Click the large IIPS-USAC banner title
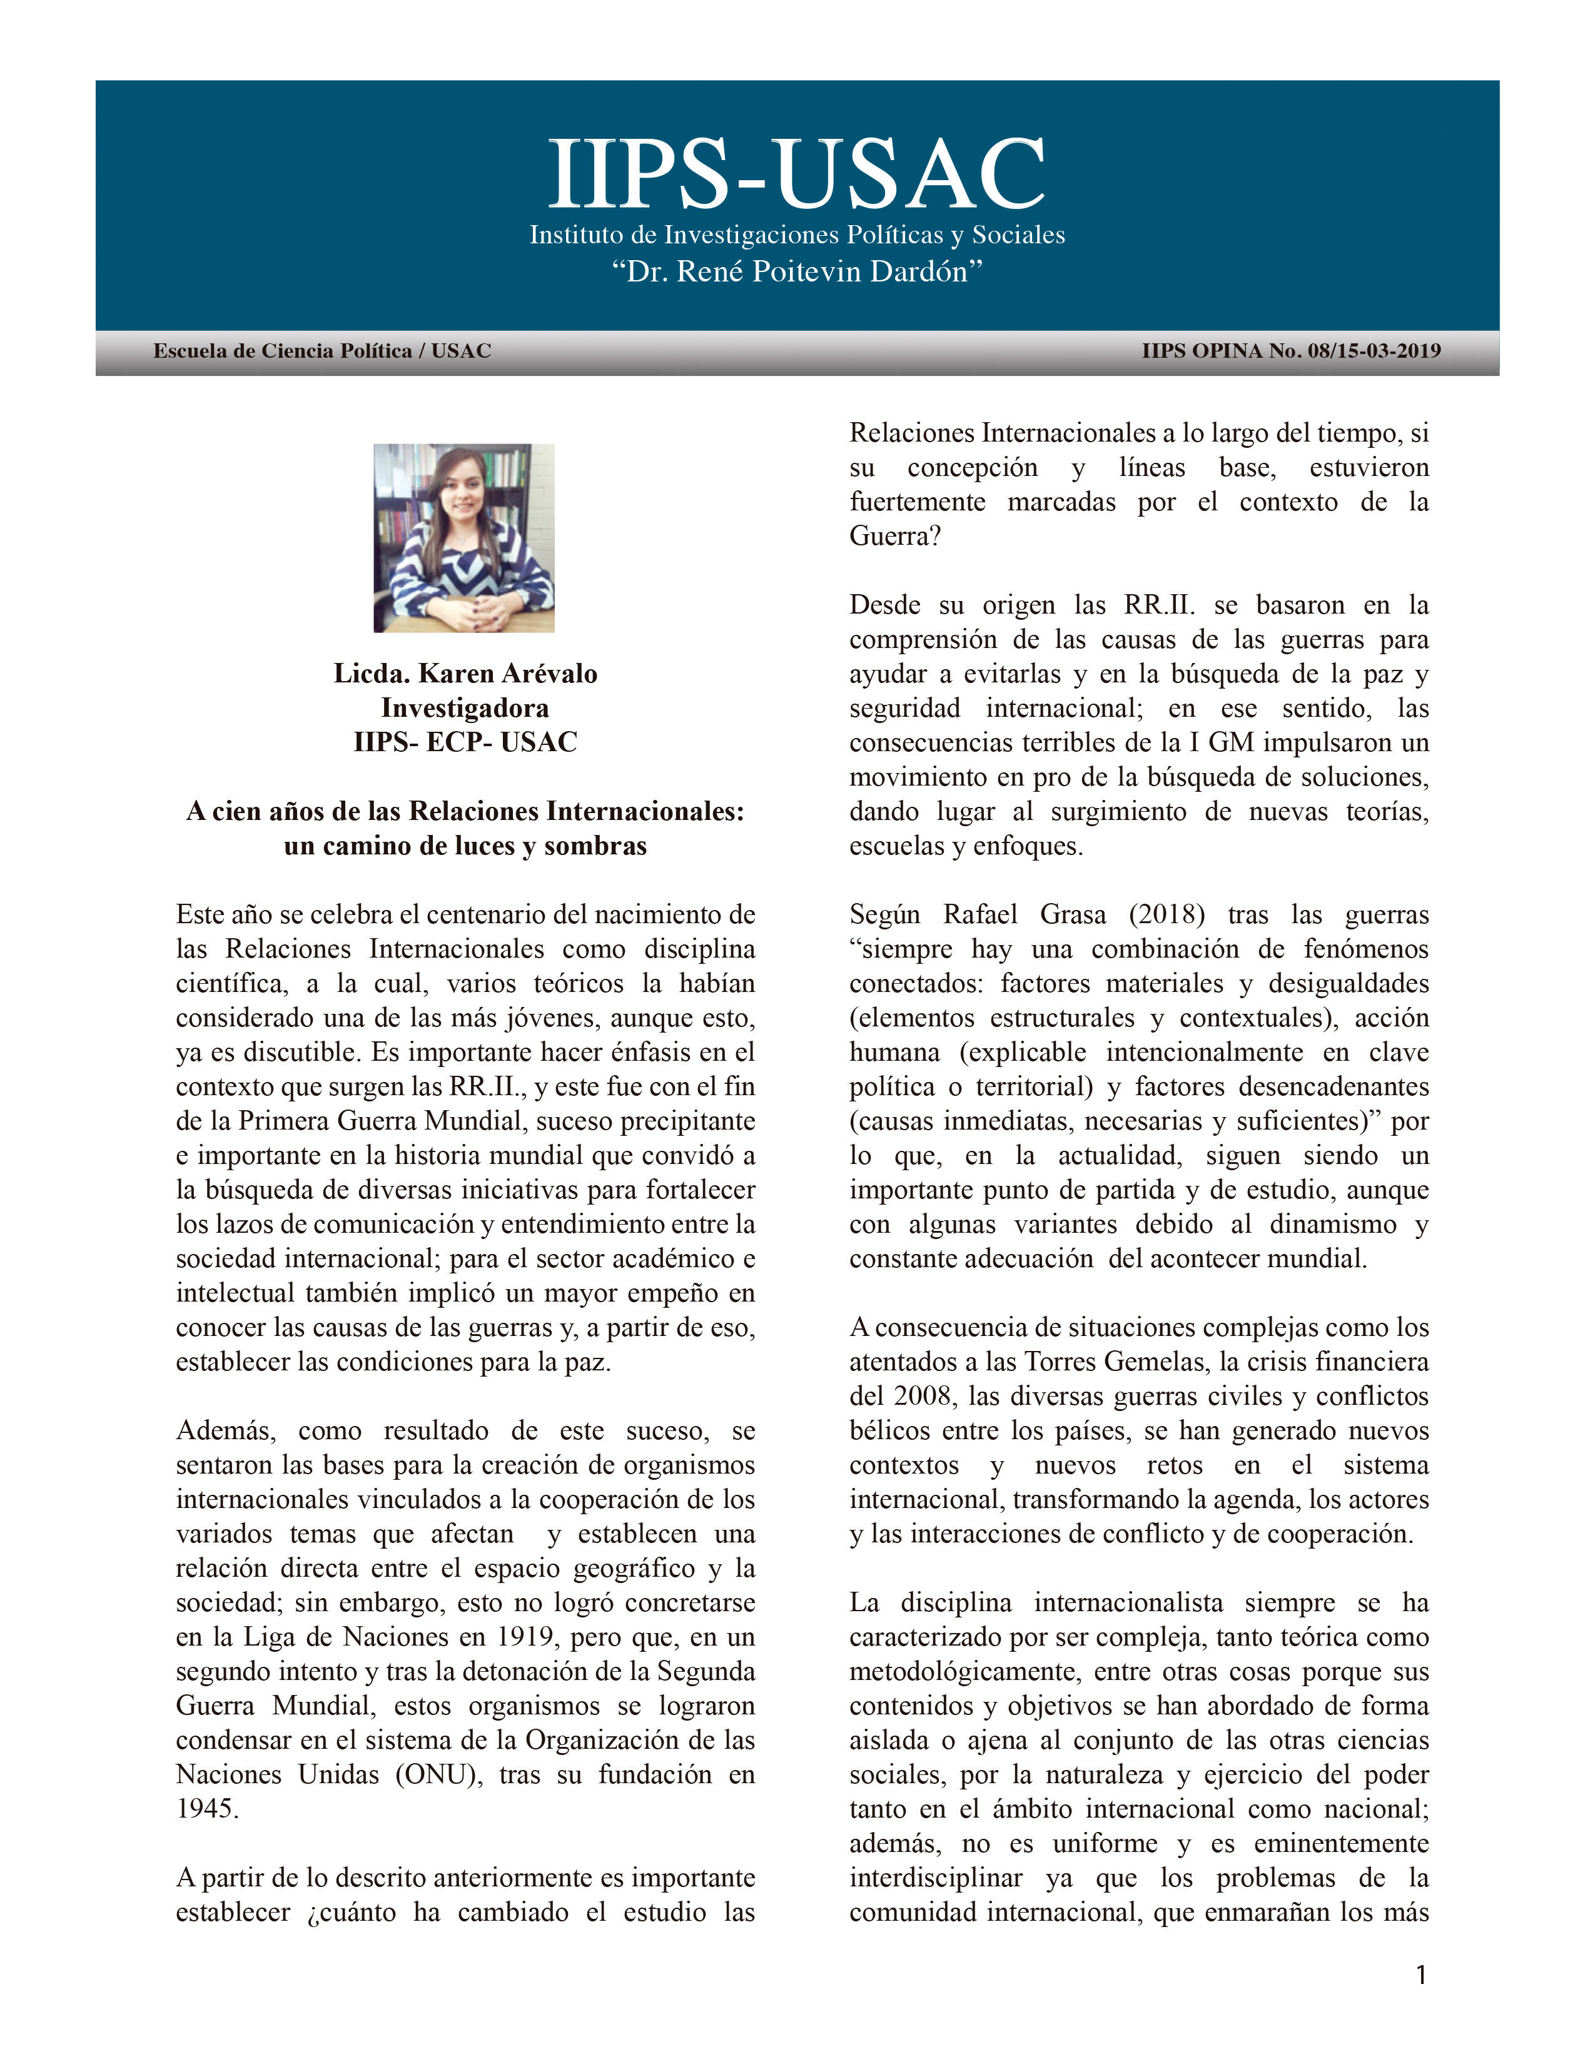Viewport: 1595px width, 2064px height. [x=796, y=174]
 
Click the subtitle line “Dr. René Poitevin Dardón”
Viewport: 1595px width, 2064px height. [x=796, y=272]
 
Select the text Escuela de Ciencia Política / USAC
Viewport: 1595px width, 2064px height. [x=322, y=352]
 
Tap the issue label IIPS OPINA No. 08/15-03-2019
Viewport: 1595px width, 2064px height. [x=1291, y=352]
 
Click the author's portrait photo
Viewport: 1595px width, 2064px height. [x=464, y=538]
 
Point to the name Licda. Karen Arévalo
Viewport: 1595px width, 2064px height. [x=465, y=674]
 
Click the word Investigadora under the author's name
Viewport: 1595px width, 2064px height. [x=465, y=708]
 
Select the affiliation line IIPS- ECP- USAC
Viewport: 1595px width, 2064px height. [x=465, y=742]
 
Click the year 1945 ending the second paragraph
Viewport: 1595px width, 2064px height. [x=207, y=1809]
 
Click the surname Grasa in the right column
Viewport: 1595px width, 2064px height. [x=1073, y=915]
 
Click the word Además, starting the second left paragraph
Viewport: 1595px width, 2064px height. [x=225, y=1431]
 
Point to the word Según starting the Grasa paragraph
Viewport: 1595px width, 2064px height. [x=884, y=915]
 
